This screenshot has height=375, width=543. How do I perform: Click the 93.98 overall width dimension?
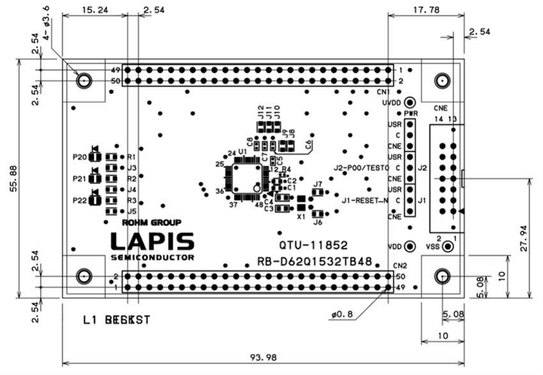(262, 358)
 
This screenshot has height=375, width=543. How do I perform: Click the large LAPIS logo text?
(152, 241)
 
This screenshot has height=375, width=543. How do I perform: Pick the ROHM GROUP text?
(151, 223)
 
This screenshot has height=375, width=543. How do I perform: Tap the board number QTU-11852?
(313, 245)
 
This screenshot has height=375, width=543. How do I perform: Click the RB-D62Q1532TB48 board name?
(316, 262)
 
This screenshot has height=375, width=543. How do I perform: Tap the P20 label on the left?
(79, 157)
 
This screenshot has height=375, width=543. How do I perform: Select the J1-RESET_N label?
(365, 201)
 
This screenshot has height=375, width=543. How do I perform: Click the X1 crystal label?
(300, 217)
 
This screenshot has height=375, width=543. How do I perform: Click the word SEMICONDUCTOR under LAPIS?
(152, 257)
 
